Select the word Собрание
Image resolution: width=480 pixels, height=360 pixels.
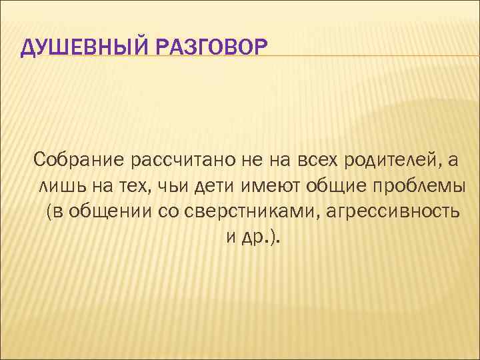[79, 160]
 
